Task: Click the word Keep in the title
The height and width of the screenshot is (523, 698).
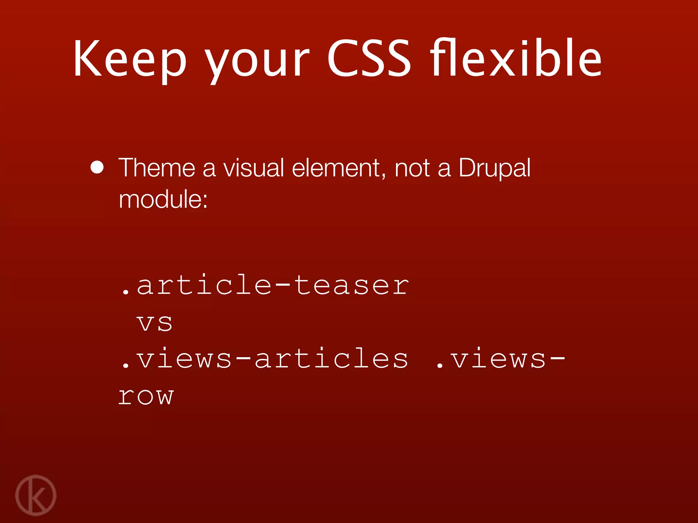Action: [130, 59]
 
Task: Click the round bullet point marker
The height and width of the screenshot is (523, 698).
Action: [97, 167]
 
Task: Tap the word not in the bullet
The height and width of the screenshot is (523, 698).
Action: [412, 168]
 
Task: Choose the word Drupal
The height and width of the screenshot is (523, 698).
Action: [495, 168]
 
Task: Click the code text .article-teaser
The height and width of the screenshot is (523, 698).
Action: [265, 285]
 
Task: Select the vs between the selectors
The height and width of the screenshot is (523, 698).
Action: [154, 323]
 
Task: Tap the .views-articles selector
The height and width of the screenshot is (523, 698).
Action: [264, 359]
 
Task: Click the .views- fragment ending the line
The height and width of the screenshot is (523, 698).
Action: [500, 359]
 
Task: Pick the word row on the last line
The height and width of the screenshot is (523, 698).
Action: [146, 396]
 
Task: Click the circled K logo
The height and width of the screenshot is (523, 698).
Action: [36, 495]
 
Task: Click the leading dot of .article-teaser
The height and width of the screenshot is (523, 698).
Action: [126, 292]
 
